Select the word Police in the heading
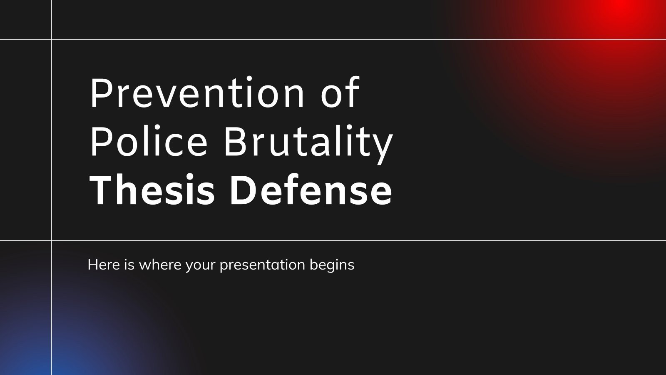tap(149, 142)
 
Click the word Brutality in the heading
tap(308, 142)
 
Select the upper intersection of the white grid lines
tap(52, 40)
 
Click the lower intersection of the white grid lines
tap(52, 240)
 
